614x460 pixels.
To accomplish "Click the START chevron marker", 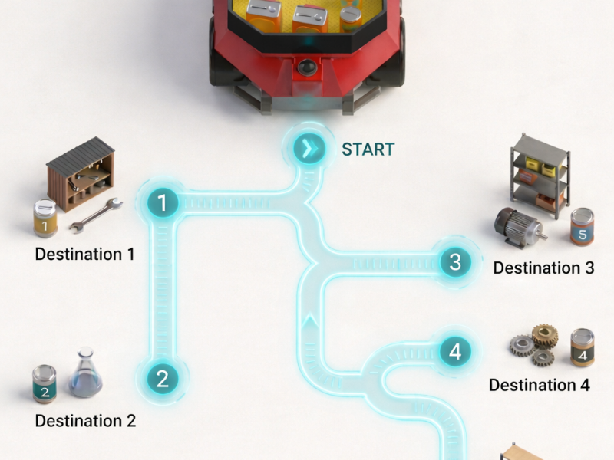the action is coord(309,149).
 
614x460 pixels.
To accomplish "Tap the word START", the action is coord(368,149).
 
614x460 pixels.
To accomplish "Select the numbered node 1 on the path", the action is coord(163,203).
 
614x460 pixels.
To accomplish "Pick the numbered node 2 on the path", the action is coord(163,379).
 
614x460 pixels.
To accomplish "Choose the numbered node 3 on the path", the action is coord(455,261).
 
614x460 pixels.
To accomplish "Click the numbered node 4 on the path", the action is coord(455,352).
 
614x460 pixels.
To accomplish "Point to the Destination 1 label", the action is coord(85,255).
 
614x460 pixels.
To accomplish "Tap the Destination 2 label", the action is coord(85,421).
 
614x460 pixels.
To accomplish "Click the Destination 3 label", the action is coord(544,268).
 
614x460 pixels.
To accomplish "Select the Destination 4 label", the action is coord(540,385).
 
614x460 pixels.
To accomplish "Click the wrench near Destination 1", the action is coord(97,215).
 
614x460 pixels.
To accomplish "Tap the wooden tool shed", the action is coord(81,174).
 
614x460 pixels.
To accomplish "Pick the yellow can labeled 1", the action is coord(45,219).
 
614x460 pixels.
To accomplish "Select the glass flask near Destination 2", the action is coord(85,373).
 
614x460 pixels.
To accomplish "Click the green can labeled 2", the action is coord(45,384).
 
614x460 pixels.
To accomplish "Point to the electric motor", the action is coord(520,228).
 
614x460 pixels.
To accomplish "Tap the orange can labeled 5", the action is coord(582,226).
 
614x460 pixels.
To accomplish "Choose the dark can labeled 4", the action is coord(583,347).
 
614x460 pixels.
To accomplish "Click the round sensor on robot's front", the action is coord(307,67).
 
